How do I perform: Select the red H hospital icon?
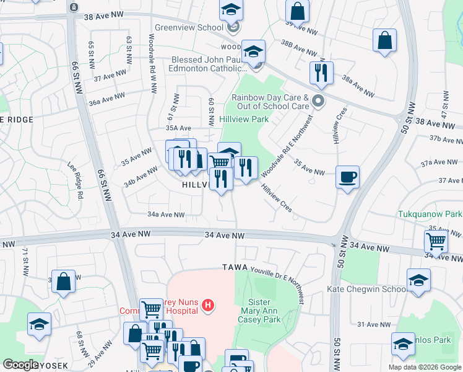coord(209,305)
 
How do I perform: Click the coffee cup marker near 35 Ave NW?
coord(347,177)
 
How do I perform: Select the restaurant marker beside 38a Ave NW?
coord(321,73)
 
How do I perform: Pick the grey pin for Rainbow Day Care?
coord(318,100)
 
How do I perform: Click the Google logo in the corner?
coord(21,365)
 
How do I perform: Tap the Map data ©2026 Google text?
coord(424,367)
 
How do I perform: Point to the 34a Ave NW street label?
coord(166,215)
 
